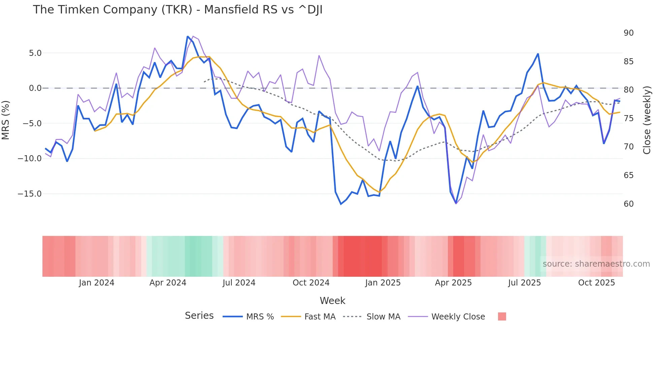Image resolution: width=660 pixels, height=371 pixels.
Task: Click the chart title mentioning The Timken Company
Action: [177, 10]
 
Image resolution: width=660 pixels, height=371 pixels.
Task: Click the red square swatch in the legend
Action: [502, 316]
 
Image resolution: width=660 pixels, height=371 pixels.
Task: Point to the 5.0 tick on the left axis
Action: [35, 53]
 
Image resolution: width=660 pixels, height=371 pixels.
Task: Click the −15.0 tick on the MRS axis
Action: [30, 194]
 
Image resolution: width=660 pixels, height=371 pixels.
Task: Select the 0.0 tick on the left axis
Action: [35, 88]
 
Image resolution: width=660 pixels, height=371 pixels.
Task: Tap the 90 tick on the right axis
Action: [628, 33]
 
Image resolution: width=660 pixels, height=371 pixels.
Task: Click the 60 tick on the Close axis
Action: [628, 204]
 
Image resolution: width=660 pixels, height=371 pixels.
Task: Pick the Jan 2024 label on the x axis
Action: [97, 283]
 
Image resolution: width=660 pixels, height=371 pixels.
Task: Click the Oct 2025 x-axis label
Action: [596, 283]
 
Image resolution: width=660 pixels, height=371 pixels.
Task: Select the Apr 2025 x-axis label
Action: [453, 283]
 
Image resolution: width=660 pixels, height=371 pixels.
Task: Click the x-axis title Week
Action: [332, 301]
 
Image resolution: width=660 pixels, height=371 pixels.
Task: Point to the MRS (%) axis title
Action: [6, 120]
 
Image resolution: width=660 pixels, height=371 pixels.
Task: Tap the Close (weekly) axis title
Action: [647, 120]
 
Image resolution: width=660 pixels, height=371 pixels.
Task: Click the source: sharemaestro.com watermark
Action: [596, 264]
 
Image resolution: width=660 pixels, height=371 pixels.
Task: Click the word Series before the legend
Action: [199, 316]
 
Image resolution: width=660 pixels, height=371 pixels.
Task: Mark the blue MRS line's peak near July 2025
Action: [538, 54]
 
